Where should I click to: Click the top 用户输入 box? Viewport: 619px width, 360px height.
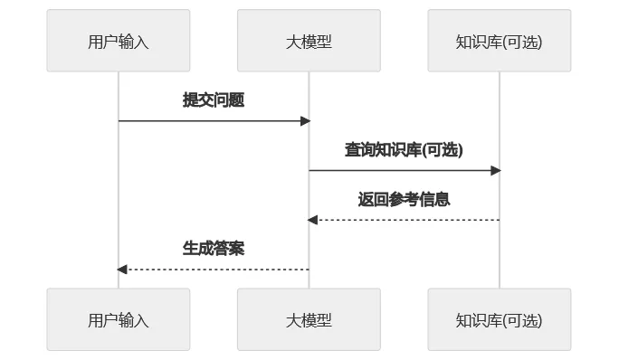[119, 41]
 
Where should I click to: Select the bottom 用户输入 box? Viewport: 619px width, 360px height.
[119, 319]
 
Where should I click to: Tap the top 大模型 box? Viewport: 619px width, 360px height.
[309, 41]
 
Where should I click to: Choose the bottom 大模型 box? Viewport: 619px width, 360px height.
[309, 319]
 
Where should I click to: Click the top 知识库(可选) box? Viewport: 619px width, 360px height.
[500, 41]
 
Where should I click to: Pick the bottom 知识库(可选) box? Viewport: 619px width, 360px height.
[500, 319]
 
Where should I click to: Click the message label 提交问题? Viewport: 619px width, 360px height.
[214, 100]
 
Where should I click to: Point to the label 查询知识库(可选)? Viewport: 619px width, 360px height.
[404, 150]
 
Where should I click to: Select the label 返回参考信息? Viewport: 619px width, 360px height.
[404, 200]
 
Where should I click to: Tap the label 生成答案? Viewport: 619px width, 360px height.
[214, 249]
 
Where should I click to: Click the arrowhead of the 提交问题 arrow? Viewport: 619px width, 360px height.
[305, 120]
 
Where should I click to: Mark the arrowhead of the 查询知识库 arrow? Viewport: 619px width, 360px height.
[496, 170]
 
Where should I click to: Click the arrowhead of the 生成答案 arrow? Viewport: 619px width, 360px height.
[122, 269]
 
